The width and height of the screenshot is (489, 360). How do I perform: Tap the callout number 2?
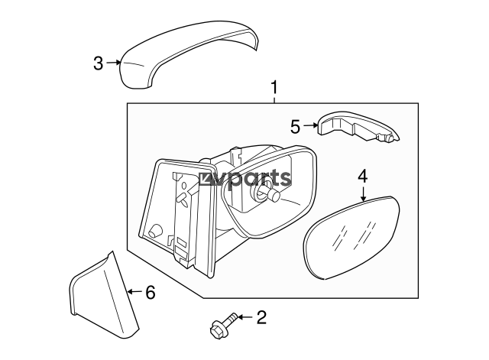(x=262, y=316)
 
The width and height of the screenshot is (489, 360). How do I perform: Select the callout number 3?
(x=98, y=63)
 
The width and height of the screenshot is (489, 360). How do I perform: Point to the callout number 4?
(x=363, y=177)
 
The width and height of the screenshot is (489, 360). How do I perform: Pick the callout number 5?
(x=296, y=127)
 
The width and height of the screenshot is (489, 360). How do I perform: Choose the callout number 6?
(x=150, y=291)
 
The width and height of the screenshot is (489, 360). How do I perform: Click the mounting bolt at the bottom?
(x=220, y=326)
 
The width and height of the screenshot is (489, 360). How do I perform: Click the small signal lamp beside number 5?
(x=355, y=128)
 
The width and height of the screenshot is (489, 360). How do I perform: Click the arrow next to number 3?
(x=114, y=63)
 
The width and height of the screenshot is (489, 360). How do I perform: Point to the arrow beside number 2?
(x=242, y=316)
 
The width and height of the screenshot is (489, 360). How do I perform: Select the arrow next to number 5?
(x=311, y=126)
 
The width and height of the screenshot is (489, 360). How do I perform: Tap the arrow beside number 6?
(x=133, y=291)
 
